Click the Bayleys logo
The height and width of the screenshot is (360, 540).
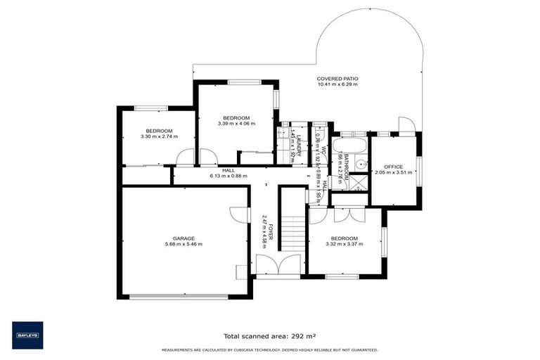click(x=27, y=335)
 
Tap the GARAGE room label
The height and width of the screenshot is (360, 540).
click(x=184, y=238)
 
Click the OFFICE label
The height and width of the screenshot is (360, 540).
click(x=393, y=167)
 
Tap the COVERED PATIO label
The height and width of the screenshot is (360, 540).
click(x=337, y=79)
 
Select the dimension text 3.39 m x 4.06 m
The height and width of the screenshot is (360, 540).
click(x=236, y=124)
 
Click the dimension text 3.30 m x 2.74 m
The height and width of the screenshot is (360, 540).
click(x=159, y=136)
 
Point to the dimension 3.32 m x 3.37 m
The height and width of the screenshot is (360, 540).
click(x=345, y=245)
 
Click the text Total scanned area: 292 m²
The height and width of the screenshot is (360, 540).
click(x=269, y=336)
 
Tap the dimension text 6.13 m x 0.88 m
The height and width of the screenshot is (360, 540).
click(x=229, y=176)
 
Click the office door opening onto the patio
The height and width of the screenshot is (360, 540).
click(x=405, y=125)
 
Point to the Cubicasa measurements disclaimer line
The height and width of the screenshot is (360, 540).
click(x=269, y=349)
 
